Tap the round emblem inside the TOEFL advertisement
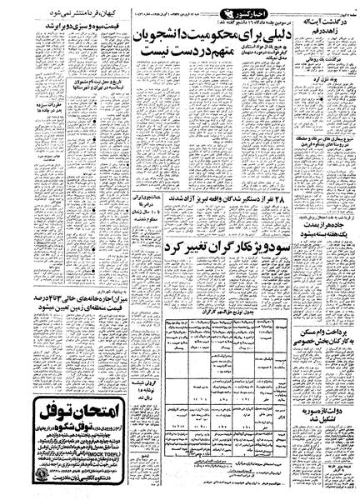(x=20, y=472)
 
